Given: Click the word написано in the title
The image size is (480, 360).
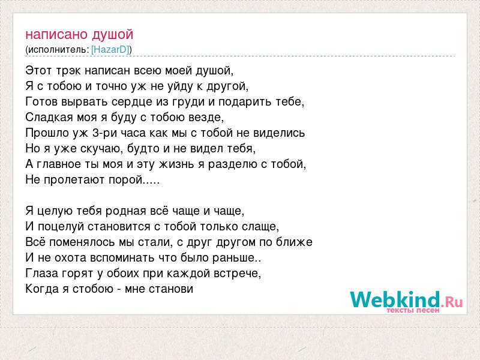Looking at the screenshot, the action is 56,34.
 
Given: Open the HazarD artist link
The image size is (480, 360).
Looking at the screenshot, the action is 110,50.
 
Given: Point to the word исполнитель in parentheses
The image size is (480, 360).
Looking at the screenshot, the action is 58,50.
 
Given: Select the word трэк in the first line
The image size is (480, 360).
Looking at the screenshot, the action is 68,71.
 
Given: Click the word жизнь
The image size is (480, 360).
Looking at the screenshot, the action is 176,164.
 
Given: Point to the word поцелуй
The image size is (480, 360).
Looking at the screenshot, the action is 61,227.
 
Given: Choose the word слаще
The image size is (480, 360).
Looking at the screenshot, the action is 260,227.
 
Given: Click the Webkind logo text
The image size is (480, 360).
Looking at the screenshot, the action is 395,299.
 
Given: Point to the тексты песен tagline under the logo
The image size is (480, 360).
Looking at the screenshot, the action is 413,310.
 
